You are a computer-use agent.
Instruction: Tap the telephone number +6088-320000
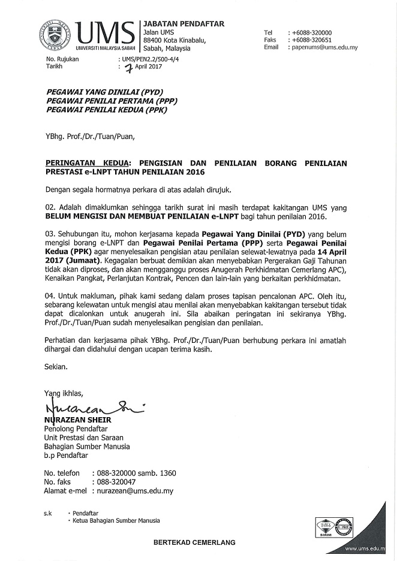point(311,33)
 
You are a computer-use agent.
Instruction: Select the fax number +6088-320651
point(311,40)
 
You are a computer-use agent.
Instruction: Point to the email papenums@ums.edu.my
point(324,47)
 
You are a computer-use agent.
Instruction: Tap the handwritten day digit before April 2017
point(126,68)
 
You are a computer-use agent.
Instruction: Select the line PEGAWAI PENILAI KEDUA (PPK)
point(107,110)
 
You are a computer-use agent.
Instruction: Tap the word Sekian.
point(57,366)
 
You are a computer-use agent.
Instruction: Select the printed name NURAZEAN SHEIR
point(79,420)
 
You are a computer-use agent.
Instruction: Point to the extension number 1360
point(165,473)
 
